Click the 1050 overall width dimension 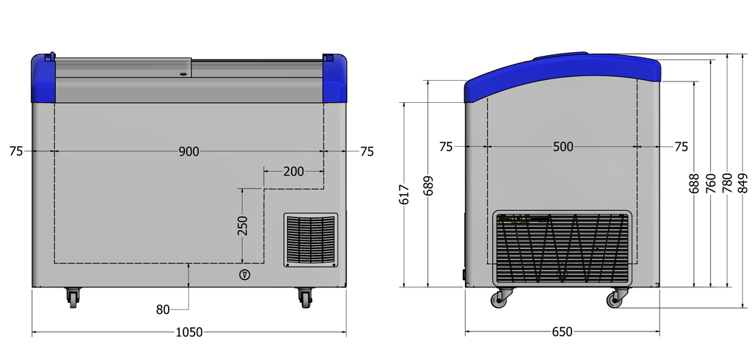(x=189, y=332)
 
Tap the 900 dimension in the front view (x=189, y=151)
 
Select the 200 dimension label (x=294, y=171)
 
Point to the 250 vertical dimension (x=242, y=226)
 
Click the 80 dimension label (x=163, y=310)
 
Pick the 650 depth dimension (x=562, y=331)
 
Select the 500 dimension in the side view (x=563, y=147)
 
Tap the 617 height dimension (x=405, y=195)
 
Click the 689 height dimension (x=428, y=186)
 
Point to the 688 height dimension (x=694, y=184)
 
